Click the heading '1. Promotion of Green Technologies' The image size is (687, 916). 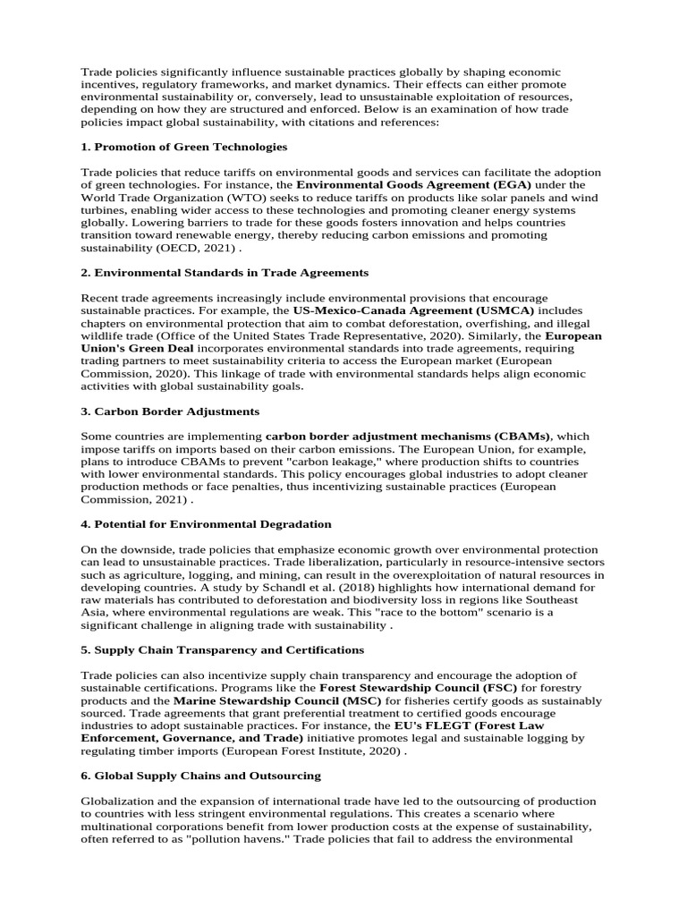click(x=183, y=146)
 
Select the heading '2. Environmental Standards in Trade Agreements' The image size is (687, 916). click(x=225, y=272)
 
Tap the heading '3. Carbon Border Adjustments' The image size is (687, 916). click(x=170, y=411)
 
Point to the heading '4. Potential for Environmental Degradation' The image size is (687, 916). click(x=206, y=523)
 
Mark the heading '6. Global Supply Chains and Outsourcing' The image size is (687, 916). click(x=200, y=776)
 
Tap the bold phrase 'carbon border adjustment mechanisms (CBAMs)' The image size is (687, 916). click(x=409, y=436)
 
